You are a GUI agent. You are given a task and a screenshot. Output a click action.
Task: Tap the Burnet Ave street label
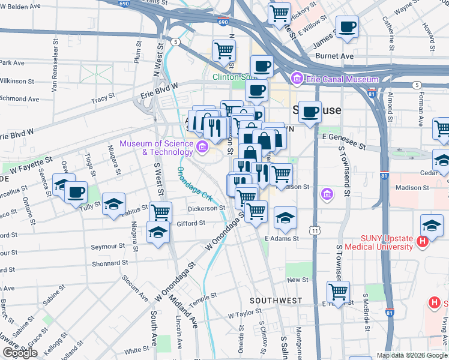coord(339,56)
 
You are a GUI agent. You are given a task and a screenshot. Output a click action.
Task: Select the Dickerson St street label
coord(205,208)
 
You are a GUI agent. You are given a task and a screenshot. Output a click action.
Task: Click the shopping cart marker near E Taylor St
coord(339,292)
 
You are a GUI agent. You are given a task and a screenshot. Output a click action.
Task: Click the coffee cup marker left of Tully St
coord(76,193)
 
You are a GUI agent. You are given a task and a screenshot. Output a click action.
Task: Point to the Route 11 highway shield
coord(315,230)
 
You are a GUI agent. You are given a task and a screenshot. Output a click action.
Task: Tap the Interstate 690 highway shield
coord(223,22)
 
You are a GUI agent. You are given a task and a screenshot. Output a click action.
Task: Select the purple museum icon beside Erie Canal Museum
coord(296,79)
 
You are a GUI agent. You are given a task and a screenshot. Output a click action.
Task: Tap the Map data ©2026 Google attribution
coord(412,355)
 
